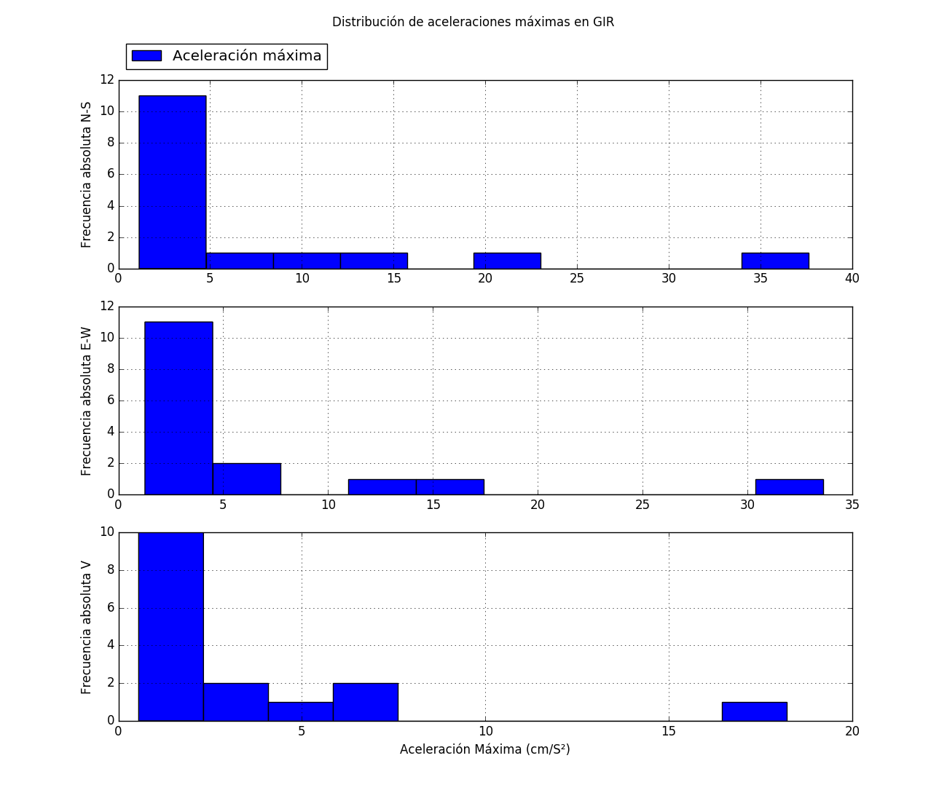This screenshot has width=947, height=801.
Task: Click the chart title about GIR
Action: (473, 22)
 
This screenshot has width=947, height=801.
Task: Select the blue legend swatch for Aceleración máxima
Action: (146, 56)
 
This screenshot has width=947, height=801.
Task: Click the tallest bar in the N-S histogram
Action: (172, 182)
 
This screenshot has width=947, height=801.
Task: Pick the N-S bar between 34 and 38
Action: (775, 261)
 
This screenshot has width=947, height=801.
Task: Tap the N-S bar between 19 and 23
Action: (507, 261)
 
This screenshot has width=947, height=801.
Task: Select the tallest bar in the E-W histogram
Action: (178, 408)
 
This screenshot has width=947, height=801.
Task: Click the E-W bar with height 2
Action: (246, 478)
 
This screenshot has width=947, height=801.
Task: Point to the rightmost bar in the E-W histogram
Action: (789, 486)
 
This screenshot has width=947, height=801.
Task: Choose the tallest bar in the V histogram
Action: (170, 626)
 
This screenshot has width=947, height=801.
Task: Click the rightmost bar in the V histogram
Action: (754, 711)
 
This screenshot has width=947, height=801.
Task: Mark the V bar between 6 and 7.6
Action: (365, 702)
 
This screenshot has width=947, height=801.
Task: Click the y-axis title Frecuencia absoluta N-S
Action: (87, 175)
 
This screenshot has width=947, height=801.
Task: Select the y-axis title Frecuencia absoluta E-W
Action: (87, 400)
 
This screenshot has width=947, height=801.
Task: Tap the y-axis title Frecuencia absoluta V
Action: (87, 627)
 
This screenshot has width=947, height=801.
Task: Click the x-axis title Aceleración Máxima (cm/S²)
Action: (484, 749)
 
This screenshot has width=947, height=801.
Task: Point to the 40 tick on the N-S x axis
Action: (852, 278)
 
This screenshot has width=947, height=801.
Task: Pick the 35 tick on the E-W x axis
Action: (852, 505)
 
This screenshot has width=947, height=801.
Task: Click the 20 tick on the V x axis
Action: (852, 731)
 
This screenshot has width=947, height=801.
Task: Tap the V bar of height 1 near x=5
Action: (300, 711)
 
